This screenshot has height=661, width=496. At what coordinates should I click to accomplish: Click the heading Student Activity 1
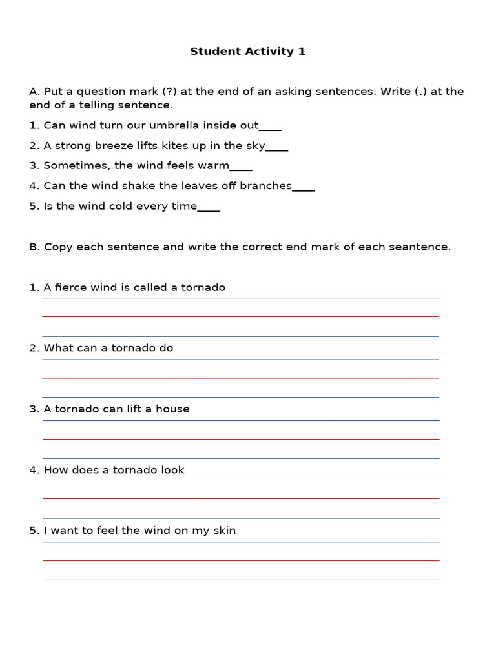pos(247,52)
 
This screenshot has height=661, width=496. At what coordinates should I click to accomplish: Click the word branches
pos(265,186)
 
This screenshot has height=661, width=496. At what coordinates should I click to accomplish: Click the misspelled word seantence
pos(423,247)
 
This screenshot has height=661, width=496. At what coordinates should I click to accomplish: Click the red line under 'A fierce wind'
pos(240,316)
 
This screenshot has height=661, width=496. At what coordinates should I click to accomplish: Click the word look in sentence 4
pos(172,470)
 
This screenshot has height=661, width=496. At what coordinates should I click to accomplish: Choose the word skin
pos(224,531)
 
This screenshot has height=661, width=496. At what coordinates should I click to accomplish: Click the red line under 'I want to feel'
pos(240,560)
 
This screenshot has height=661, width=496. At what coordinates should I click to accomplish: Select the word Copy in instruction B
pos(57,247)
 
